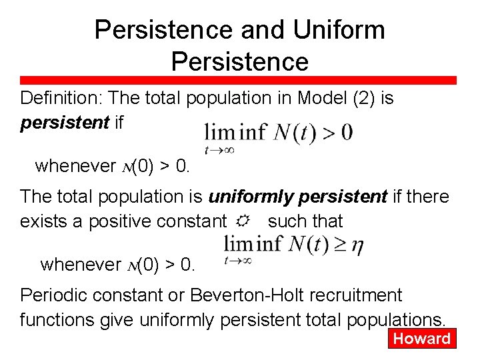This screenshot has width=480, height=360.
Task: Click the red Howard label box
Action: pyautogui.click(x=421, y=338)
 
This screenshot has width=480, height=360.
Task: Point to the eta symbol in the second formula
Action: pyautogui.click(x=358, y=245)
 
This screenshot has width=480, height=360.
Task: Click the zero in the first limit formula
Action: pyautogui.click(x=347, y=132)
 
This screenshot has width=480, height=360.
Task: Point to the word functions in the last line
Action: pyautogui.click(x=60, y=319)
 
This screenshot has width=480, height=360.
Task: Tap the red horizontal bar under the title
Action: pyautogui.click(x=240, y=80)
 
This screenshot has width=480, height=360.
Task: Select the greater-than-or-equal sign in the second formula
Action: pyautogui.click(x=337, y=245)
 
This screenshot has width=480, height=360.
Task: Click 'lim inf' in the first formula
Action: pyautogui.click(x=235, y=132)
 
